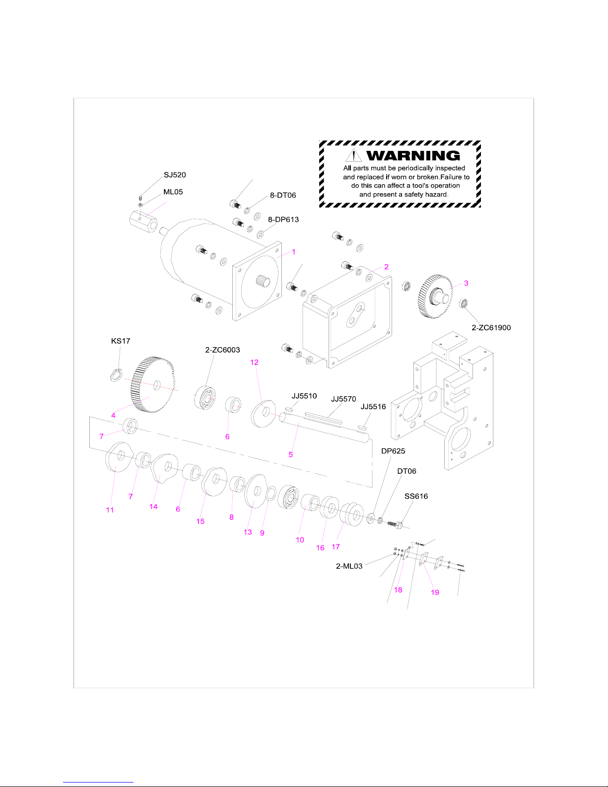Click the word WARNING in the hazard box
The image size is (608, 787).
pyautogui.click(x=413, y=155)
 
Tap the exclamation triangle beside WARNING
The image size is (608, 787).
pyautogui.click(x=353, y=155)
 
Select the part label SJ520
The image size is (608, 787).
pyautogui.click(x=175, y=175)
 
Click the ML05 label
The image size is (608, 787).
pyautogui.click(x=173, y=192)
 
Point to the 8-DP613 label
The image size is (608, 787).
pyautogui.click(x=283, y=219)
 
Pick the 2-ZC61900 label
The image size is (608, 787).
pyautogui.click(x=491, y=328)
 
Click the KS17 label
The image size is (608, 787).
pyautogui.click(x=121, y=341)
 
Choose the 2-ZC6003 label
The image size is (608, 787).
pyautogui.click(x=222, y=350)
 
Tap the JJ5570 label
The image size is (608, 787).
pyautogui.click(x=343, y=399)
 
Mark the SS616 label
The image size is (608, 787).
pyautogui.click(x=416, y=496)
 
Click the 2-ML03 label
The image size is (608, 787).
pyautogui.click(x=349, y=566)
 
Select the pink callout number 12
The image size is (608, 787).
pyautogui.click(x=255, y=362)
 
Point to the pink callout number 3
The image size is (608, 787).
pyautogui.click(x=466, y=283)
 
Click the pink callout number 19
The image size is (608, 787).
pyautogui.click(x=435, y=592)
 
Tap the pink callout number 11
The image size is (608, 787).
pyautogui.click(x=110, y=510)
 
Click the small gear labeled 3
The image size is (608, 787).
pyautogui.click(x=435, y=296)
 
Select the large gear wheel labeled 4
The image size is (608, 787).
pyautogui.click(x=152, y=385)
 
